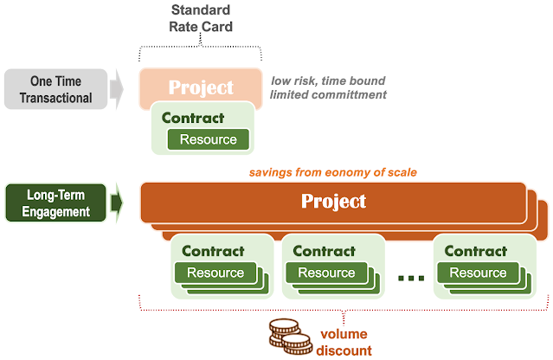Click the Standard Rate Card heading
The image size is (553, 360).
pyautogui.click(x=201, y=18)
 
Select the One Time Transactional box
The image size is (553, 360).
pyautogui.click(x=55, y=89)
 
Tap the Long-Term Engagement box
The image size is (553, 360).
pyautogui.click(x=55, y=203)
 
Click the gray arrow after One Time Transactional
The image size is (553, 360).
pyautogui.click(x=117, y=89)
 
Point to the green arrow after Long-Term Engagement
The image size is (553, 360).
pyautogui.click(x=117, y=203)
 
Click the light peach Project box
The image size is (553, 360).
pyautogui.click(x=201, y=87)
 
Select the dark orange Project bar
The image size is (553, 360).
pyautogui.click(x=333, y=202)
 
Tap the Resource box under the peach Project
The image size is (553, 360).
pyautogui.click(x=208, y=139)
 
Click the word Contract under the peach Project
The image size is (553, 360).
pyautogui.click(x=193, y=118)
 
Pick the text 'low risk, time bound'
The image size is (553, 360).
pyautogui.click(x=328, y=80)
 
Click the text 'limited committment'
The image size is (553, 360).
pyautogui.click(x=328, y=95)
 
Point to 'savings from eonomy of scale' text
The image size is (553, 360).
pyautogui.click(x=333, y=172)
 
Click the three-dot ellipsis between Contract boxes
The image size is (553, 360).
pyautogui.click(x=411, y=279)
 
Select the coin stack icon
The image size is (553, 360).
pyautogui.click(x=291, y=337)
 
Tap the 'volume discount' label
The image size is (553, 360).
pyautogui.click(x=344, y=343)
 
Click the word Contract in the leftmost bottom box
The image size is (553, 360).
pyautogui.click(x=213, y=251)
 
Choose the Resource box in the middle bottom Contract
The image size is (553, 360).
pyautogui.click(x=326, y=273)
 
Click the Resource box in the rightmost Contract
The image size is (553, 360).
pyautogui.click(x=478, y=273)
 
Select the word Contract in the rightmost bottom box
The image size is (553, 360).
pyautogui.click(x=476, y=251)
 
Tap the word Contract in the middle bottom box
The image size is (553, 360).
pyautogui.click(x=325, y=251)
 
